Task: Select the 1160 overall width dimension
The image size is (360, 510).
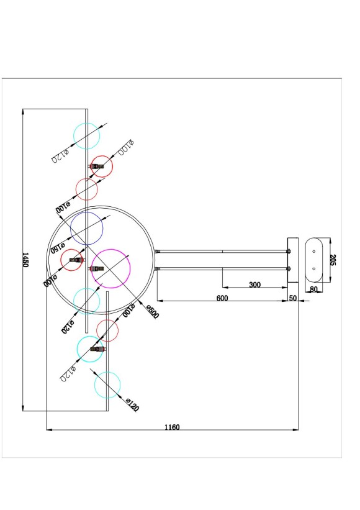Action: pos(172,427)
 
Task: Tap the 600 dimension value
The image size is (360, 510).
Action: pos(222,298)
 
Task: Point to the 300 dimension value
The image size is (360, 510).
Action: pos(254,285)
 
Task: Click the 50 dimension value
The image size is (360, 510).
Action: pos(293,298)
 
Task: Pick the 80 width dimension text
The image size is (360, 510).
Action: pos(313,289)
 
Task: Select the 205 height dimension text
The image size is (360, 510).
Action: pos(333,259)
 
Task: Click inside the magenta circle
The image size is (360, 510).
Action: pos(111,268)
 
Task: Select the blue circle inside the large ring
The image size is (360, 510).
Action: pos(86,228)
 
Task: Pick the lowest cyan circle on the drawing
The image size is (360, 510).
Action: pos(107,385)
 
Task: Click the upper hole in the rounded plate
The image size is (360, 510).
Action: pos(314,250)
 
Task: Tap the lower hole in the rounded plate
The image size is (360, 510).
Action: pos(314,268)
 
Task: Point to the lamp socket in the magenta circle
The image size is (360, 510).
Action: pos(96,268)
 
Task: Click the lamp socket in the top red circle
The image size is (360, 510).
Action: pos(97,166)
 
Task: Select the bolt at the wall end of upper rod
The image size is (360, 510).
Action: pos(289,251)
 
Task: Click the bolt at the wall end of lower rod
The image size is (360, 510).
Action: pos(289,268)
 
